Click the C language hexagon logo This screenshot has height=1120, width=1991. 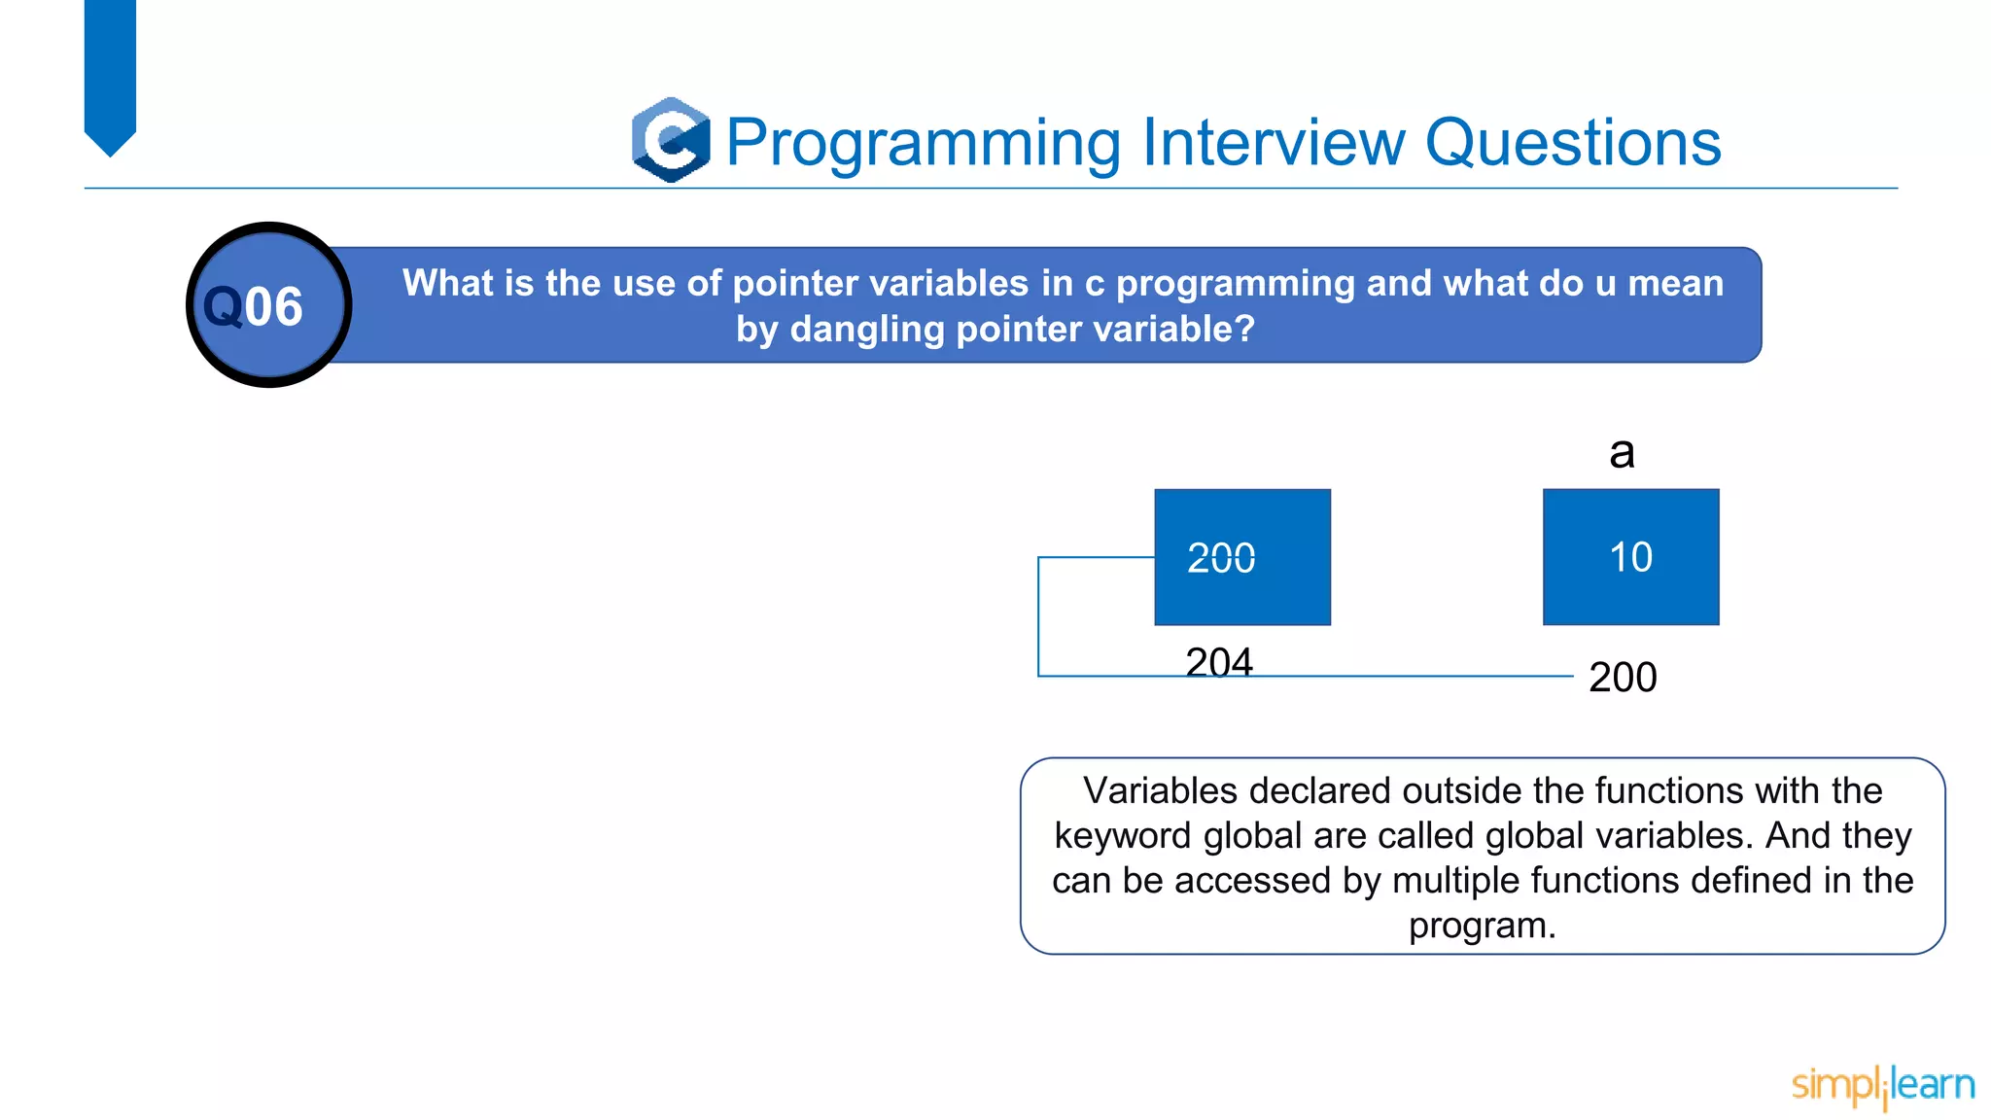(x=671, y=140)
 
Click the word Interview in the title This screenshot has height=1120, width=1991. (x=1274, y=143)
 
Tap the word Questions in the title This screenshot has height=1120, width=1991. (x=1572, y=143)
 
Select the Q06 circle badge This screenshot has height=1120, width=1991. (x=268, y=305)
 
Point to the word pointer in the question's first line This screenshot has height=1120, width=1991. (x=789, y=283)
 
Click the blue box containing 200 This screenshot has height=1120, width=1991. (x=1241, y=557)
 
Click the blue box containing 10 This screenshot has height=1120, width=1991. (x=1630, y=557)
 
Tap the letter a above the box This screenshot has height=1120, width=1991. (x=1622, y=452)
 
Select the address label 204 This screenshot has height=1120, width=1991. (x=1219, y=662)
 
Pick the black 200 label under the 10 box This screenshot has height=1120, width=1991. (x=1623, y=677)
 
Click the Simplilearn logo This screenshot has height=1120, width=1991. (x=1882, y=1085)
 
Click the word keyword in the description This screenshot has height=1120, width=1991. (x=1123, y=835)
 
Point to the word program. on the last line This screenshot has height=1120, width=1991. (x=1482, y=925)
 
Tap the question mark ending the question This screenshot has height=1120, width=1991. (x=1245, y=329)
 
